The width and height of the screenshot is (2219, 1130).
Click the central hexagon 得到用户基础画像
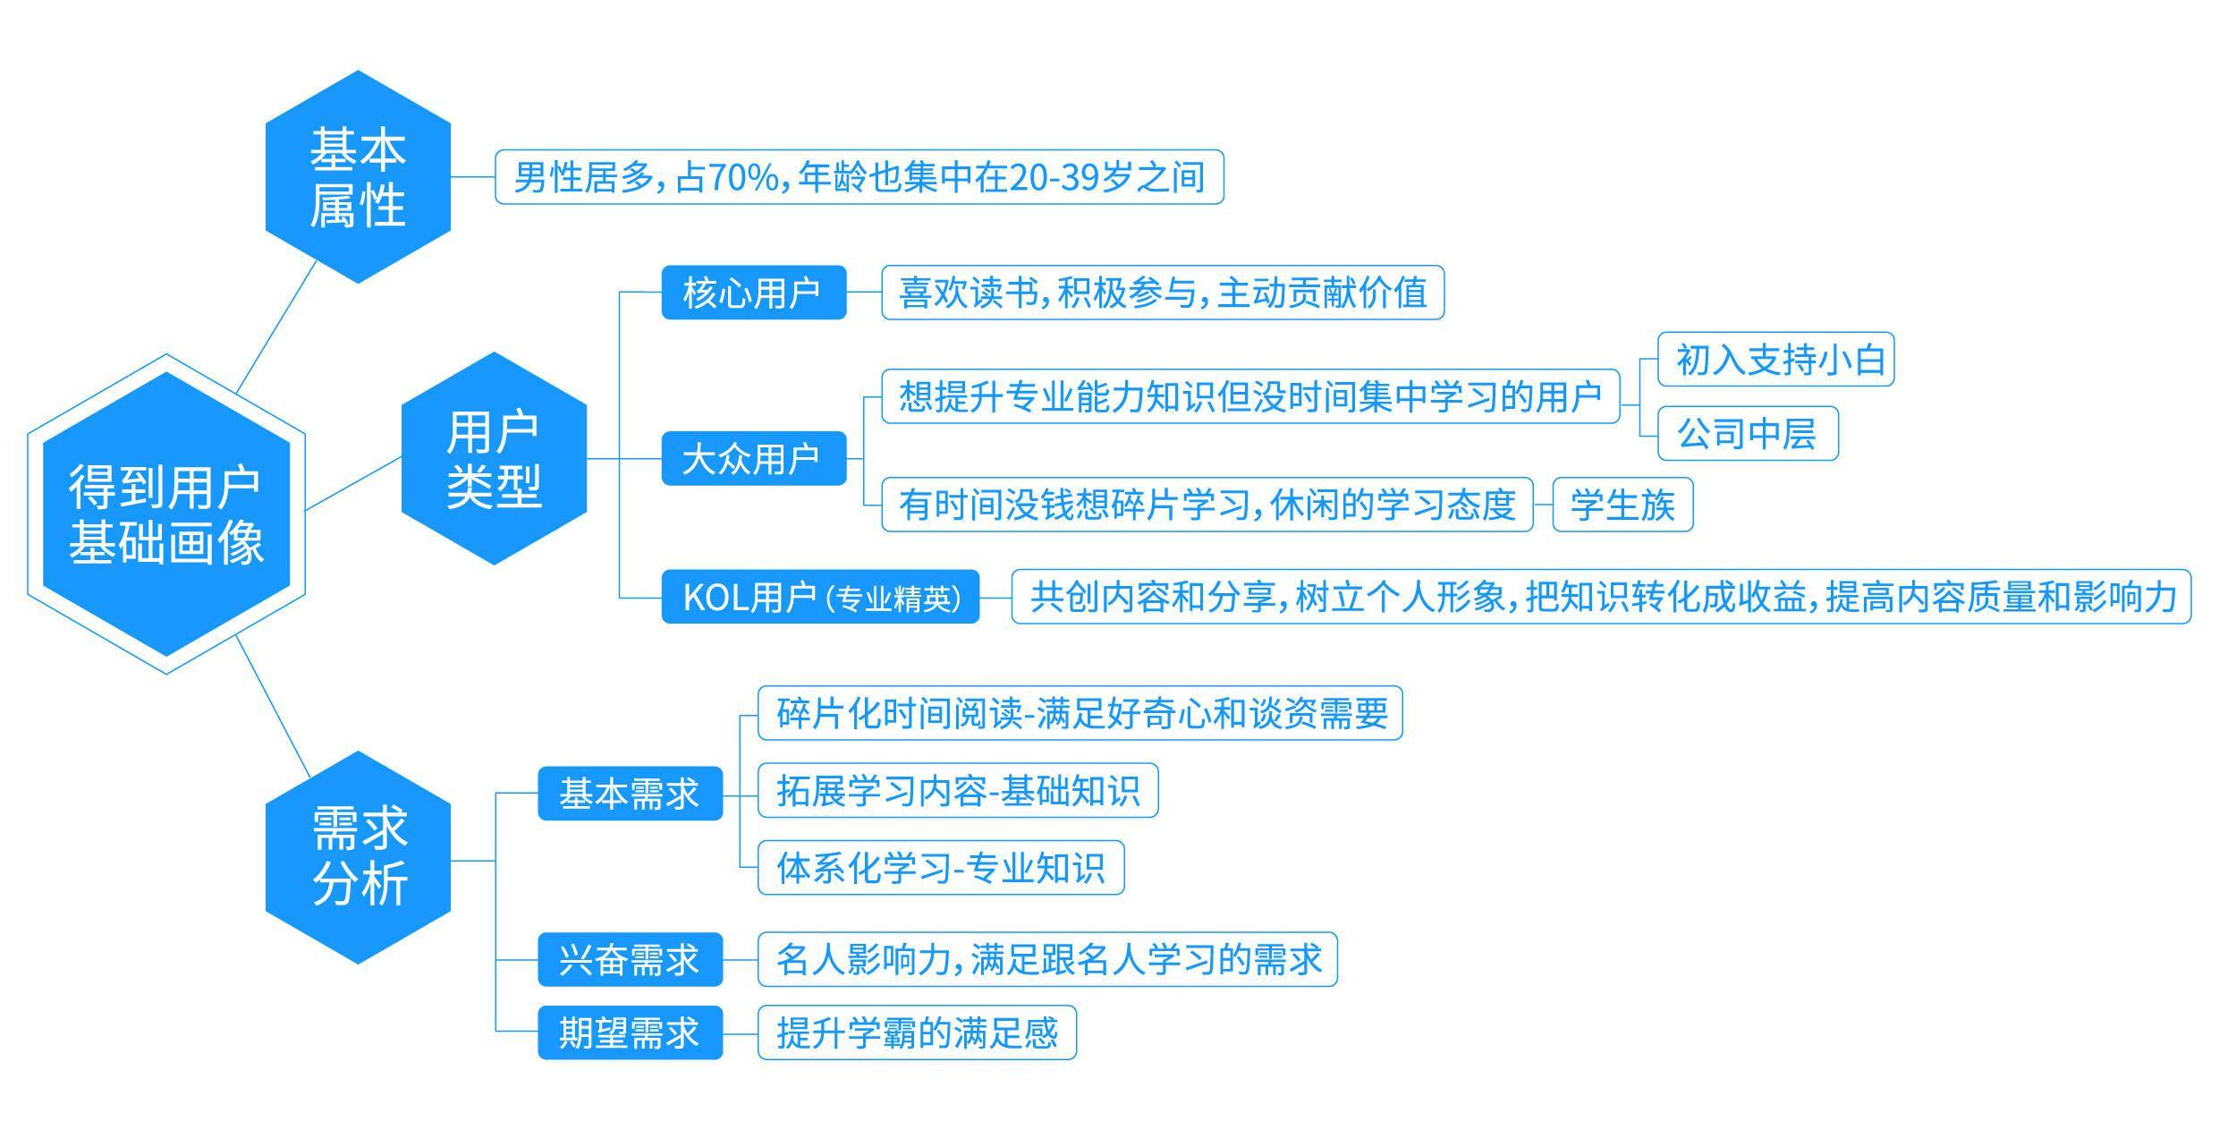[166, 514]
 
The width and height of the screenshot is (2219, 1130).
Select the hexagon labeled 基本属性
[358, 176]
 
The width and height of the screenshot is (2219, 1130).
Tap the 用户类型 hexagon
[494, 458]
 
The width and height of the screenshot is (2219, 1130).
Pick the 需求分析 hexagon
[358, 857]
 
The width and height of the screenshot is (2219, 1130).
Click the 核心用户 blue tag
[753, 292]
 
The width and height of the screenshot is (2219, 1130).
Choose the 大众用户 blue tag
[753, 458]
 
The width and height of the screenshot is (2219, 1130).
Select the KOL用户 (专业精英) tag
[820, 596]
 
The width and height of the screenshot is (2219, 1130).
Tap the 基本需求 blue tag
[630, 793]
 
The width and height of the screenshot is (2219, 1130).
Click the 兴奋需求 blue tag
[630, 959]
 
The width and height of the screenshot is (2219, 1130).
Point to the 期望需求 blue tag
[630, 1032]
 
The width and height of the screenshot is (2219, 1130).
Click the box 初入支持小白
[1775, 360]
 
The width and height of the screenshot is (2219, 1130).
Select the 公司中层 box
[1748, 433]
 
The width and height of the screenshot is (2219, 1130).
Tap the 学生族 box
[1622, 505]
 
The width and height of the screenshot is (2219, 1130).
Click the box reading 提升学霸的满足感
[917, 1032]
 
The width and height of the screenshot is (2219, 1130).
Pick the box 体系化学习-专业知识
[941, 867]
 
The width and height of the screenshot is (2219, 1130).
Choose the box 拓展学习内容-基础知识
[958, 790]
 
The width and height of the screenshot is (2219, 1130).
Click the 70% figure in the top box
[743, 177]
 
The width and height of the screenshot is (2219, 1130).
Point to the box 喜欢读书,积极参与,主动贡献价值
[1163, 292]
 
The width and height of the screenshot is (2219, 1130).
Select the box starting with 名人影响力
[1047, 959]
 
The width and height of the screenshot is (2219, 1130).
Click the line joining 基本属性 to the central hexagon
[276, 327]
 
